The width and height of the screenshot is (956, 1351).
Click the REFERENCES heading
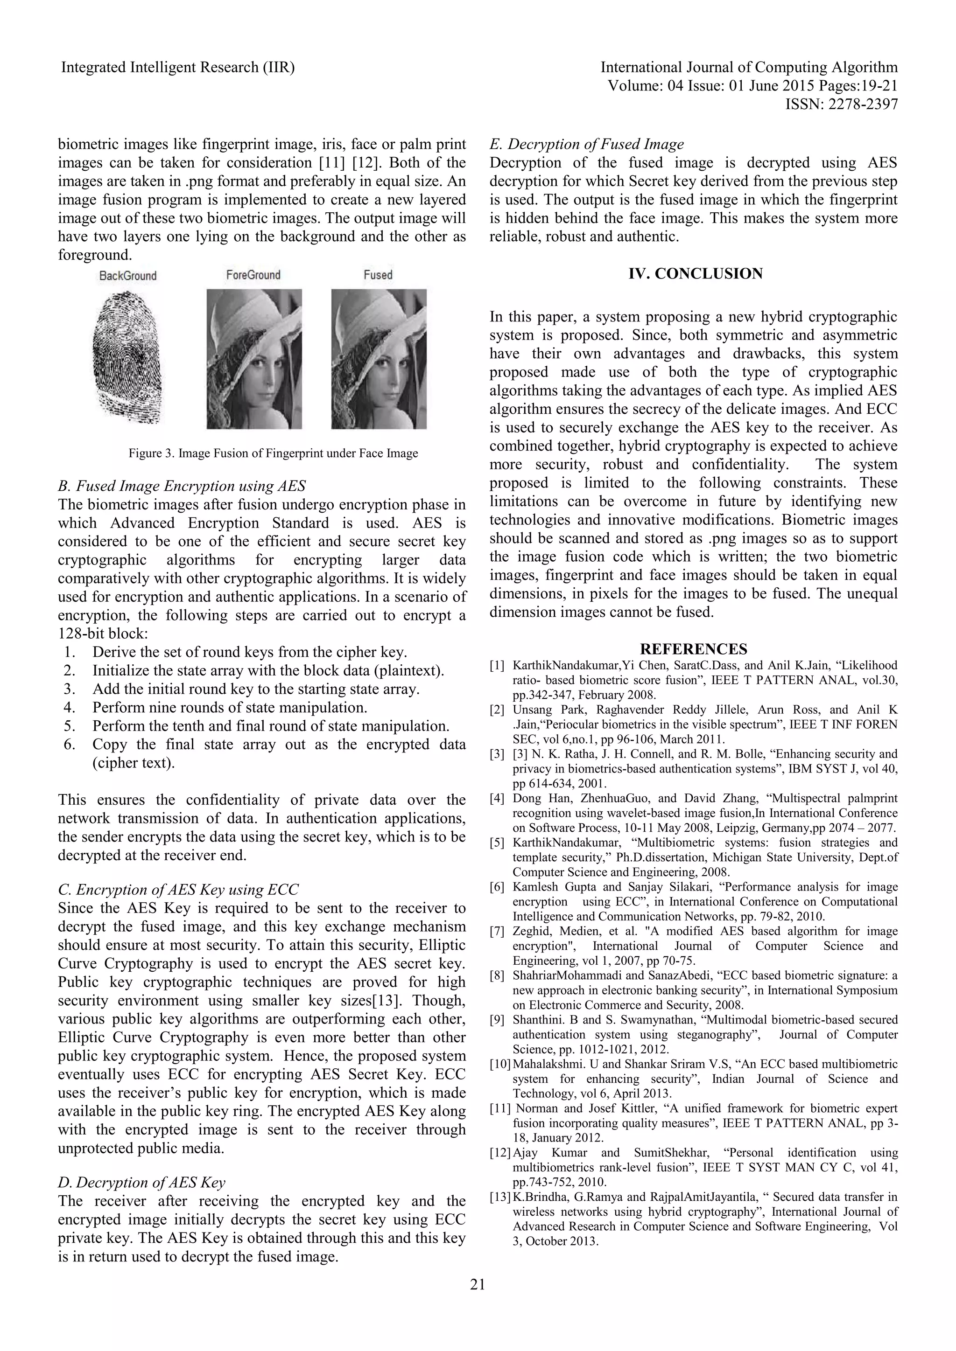(x=694, y=649)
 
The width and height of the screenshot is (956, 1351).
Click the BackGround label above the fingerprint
(x=128, y=275)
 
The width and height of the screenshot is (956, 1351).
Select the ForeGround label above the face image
(x=253, y=275)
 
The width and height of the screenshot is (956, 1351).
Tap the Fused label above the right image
(x=378, y=275)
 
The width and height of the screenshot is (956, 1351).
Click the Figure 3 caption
(x=273, y=453)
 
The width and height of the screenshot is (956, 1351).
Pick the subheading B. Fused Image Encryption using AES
(x=182, y=486)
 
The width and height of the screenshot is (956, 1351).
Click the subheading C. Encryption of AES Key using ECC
(x=178, y=890)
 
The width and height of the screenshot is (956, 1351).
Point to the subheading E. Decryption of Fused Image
(x=586, y=144)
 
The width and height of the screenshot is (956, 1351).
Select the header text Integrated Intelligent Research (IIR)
(x=178, y=68)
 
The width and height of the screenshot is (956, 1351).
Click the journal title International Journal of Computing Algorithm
(x=749, y=68)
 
